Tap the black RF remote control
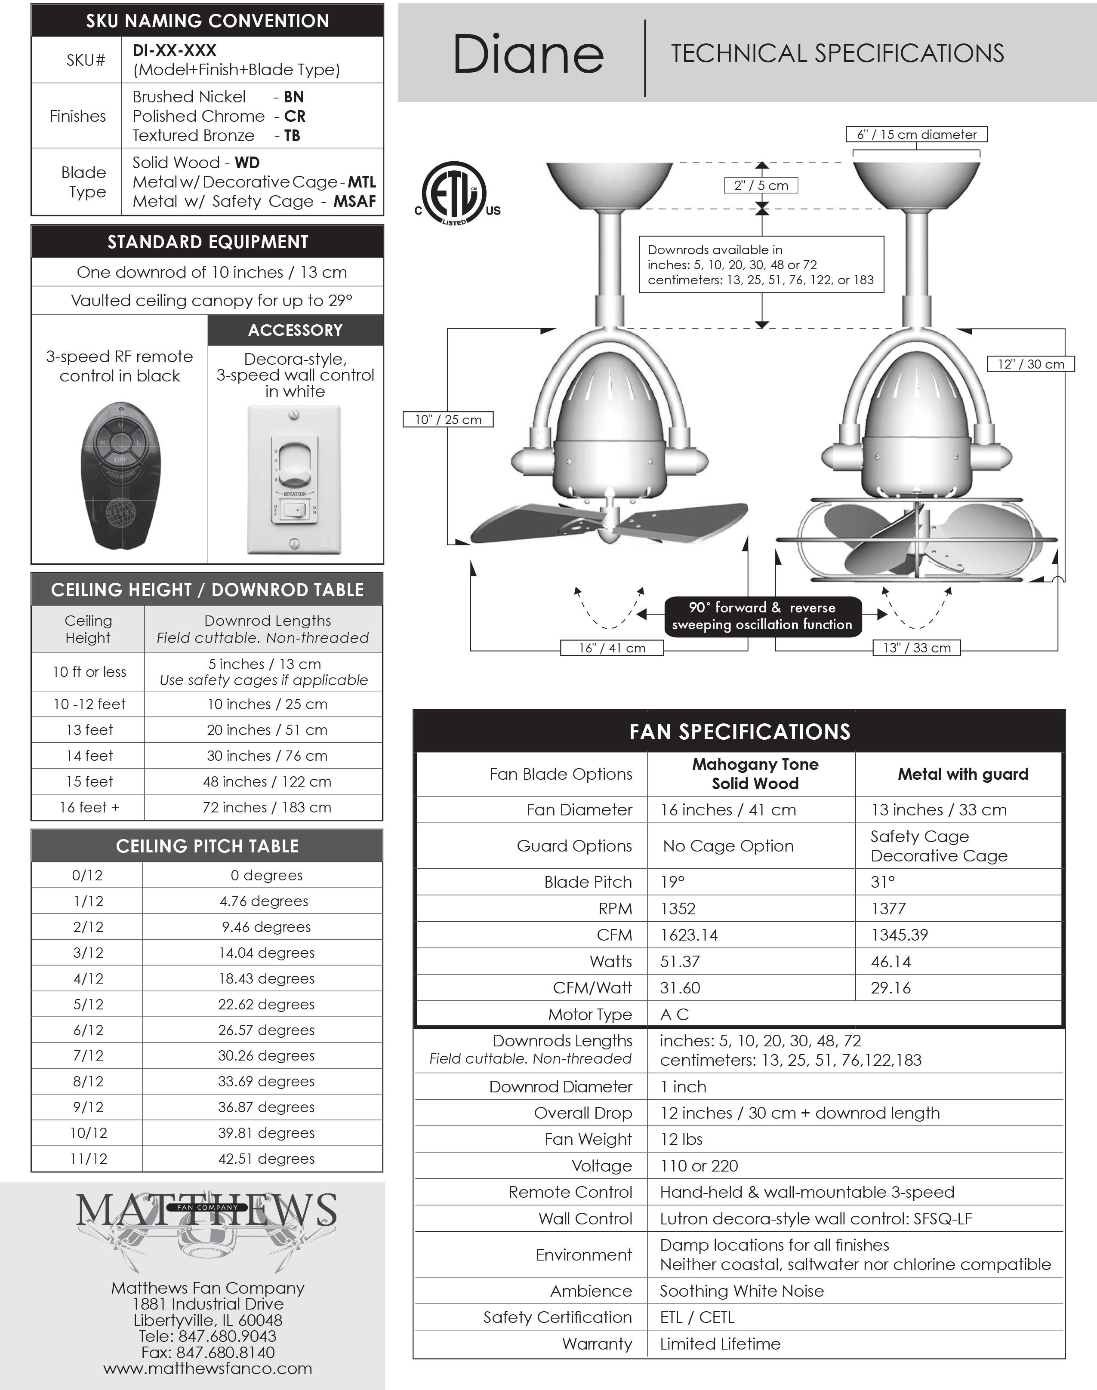click(x=120, y=476)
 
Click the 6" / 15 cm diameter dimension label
click(x=916, y=134)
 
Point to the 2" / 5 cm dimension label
click(x=761, y=185)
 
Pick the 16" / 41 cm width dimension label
click(x=611, y=648)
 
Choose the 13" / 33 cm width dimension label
click(x=916, y=648)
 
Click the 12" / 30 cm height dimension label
click(x=1030, y=364)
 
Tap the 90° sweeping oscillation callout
click(x=762, y=616)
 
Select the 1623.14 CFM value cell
click(x=689, y=935)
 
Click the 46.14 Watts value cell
click(x=891, y=961)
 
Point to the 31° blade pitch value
click(x=883, y=882)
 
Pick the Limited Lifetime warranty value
click(x=720, y=1344)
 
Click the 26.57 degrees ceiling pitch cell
click(x=266, y=1030)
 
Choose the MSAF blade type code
click(x=354, y=202)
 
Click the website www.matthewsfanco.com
click(x=207, y=1368)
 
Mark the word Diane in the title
click(x=528, y=55)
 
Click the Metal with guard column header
click(x=963, y=774)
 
